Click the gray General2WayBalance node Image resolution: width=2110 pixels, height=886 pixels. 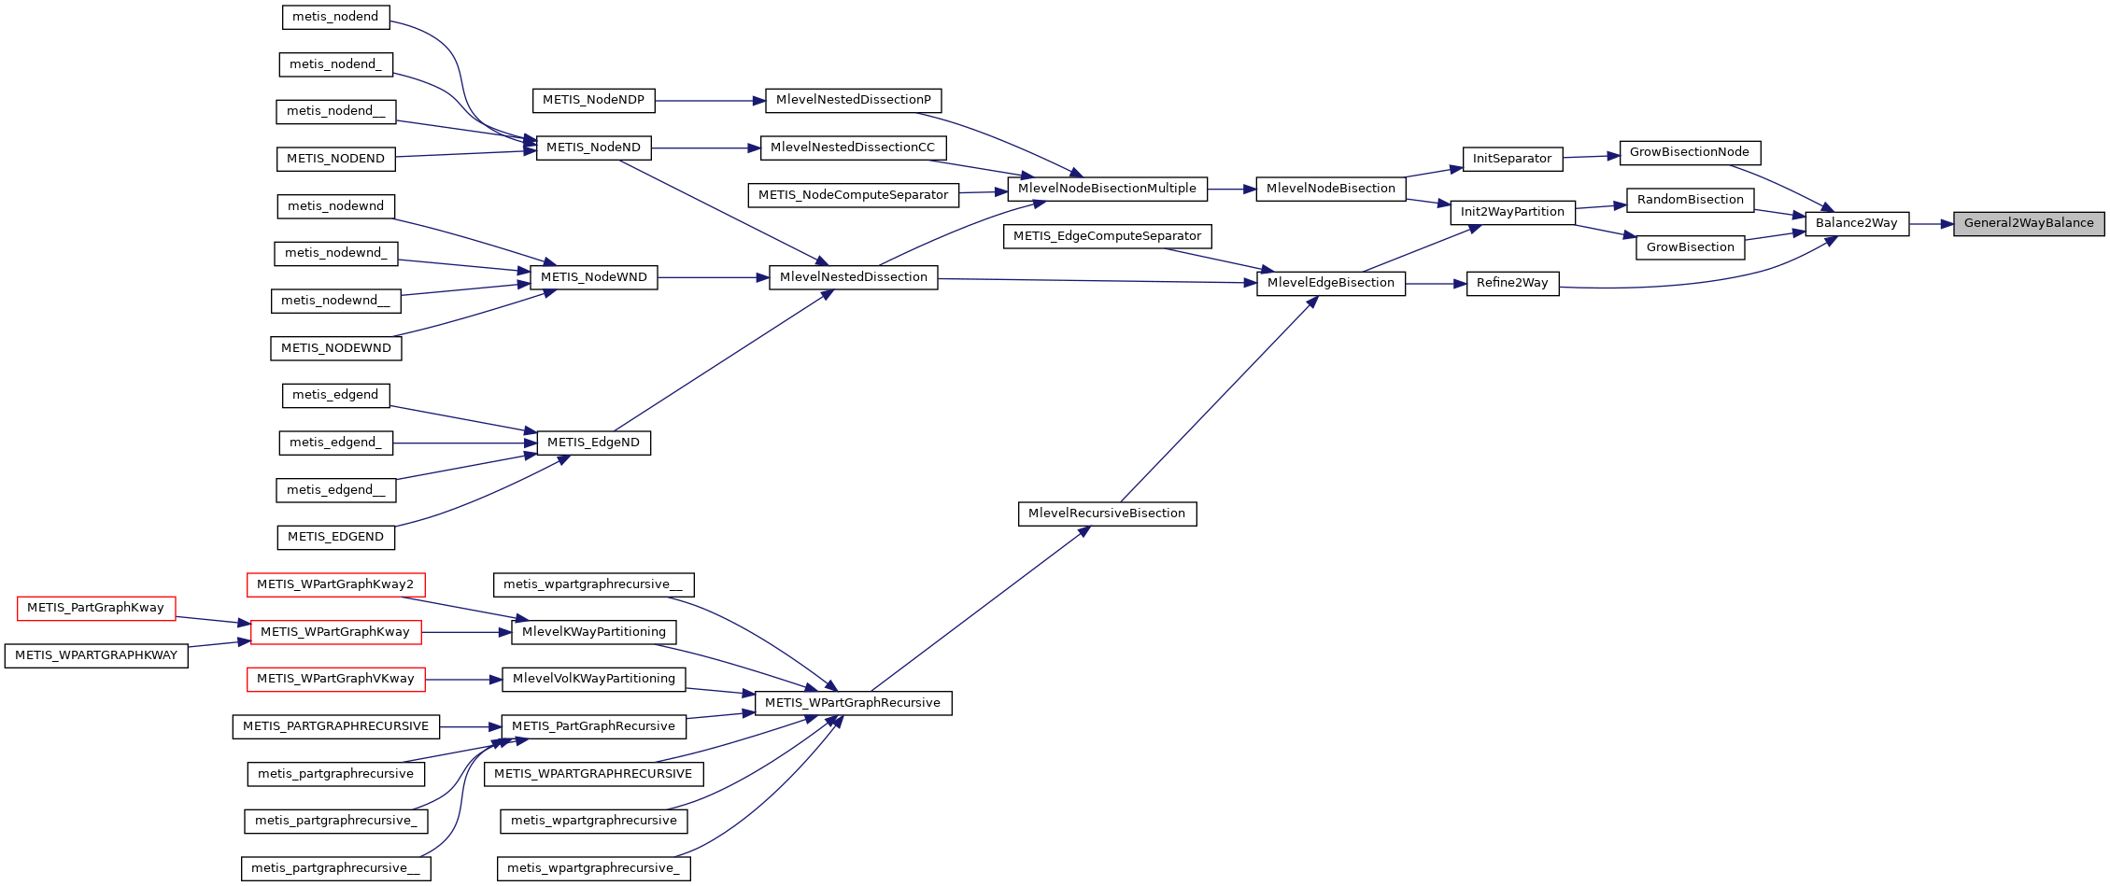click(x=2028, y=224)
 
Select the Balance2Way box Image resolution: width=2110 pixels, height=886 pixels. click(x=1856, y=224)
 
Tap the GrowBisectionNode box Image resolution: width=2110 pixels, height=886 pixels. click(x=1689, y=153)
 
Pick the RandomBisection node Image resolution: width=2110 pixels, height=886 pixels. click(x=1690, y=201)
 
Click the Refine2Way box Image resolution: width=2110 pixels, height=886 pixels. click(x=1512, y=284)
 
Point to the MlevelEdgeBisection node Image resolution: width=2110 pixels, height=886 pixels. click(x=1330, y=284)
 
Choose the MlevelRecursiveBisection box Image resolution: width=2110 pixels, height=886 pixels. click(x=1106, y=514)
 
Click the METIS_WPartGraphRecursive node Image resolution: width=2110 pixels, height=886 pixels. click(x=852, y=704)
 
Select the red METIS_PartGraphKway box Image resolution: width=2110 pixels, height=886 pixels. click(x=96, y=609)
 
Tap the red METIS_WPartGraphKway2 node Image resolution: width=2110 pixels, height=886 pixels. click(x=335, y=585)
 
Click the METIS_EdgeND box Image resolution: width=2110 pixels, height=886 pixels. click(x=593, y=443)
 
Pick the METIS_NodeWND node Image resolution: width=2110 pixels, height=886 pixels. click(x=593, y=278)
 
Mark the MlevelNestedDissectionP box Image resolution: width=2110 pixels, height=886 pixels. click(x=853, y=101)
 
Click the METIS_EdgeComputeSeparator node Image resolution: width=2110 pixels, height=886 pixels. click(x=1107, y=237)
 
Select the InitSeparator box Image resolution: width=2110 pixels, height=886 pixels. click(x=1511, y=160)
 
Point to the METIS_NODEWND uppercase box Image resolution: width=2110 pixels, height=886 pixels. click(x=336, y=349)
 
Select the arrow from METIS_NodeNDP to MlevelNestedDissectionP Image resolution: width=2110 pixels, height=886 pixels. click(x=710, y=101)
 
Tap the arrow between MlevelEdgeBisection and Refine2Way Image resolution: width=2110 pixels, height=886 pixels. click(x=1436, y=284)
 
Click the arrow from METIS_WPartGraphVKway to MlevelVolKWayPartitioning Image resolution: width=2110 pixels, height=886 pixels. click(x=463, y=681)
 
